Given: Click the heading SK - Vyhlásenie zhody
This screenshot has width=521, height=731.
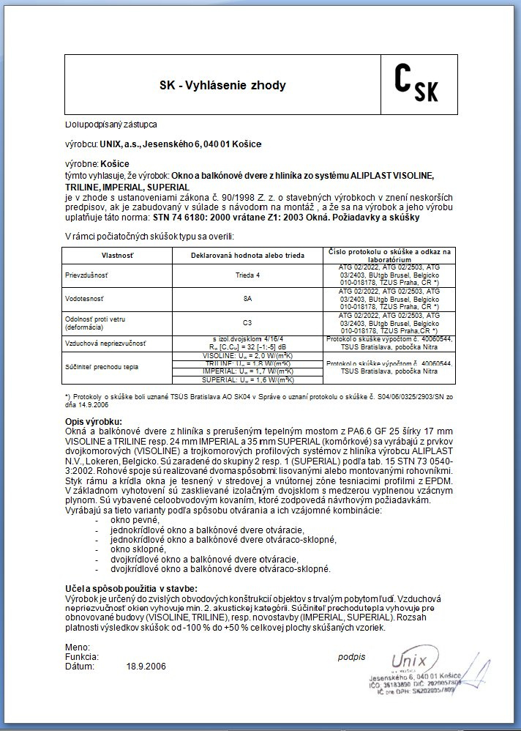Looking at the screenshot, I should point(222,86).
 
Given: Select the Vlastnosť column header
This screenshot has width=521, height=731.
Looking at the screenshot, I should point(117,254).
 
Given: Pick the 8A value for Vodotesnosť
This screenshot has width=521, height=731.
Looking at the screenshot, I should point(247,298).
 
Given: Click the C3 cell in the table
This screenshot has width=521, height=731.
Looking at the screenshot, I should point(247,322).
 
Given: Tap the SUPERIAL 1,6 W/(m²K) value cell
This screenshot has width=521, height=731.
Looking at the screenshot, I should point(247,380).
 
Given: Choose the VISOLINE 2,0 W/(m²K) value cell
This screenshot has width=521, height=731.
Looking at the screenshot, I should point(247,355).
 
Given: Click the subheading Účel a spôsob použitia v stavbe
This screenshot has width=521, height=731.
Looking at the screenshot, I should point(131,589).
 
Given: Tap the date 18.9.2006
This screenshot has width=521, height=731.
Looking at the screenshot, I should point(146,667).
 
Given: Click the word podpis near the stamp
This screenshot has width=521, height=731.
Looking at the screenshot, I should point(351,657).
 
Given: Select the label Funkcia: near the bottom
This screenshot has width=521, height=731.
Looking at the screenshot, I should point(81,657).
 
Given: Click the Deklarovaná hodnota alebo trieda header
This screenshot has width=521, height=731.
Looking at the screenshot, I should point(247,254).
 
